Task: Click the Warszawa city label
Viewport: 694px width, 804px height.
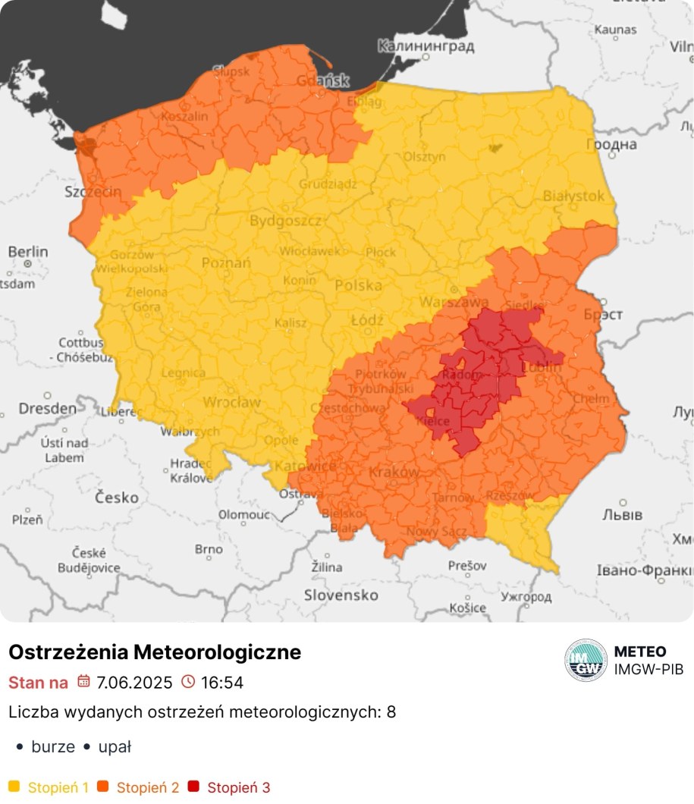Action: (444, 302)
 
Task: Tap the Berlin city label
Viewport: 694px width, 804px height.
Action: (28, 251)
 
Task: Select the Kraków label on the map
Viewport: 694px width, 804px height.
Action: (393, 472)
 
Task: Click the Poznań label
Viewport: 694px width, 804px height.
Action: (222, 262)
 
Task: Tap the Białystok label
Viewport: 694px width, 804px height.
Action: (573, 196)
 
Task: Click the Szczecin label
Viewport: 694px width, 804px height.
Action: (93, 191)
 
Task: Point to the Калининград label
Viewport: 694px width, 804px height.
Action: (426, 46)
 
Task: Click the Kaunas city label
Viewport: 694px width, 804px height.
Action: (615, 30)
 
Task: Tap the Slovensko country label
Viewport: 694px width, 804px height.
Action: (341, 595)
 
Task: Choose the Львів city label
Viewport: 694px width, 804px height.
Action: (622, 514)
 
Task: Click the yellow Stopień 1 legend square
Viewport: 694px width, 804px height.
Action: (14, 787)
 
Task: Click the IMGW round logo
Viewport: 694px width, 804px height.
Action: (586, 660)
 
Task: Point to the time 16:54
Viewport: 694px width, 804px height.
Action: (221, 683)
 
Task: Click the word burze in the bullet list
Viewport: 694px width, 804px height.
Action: (53, 746)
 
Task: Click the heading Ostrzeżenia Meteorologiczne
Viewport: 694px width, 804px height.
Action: (155, 652)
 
